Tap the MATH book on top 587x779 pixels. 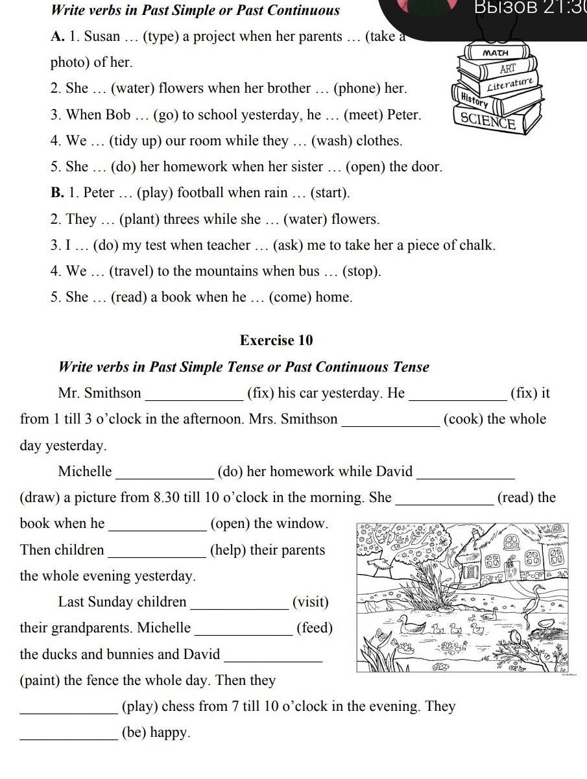click(496, 53)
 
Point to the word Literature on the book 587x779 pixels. click(510, 84)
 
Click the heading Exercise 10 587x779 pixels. click(276, 340)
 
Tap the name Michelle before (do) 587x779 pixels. click(85, 472)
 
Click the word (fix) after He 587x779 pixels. click(531, 393)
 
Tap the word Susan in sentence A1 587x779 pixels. click(102, 36)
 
